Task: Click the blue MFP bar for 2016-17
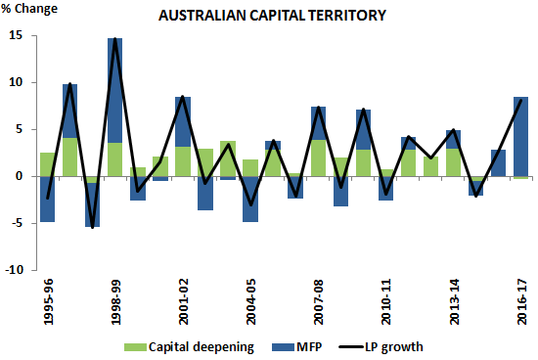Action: tap(520, 137)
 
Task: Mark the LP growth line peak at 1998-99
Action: tap(115, 39)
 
